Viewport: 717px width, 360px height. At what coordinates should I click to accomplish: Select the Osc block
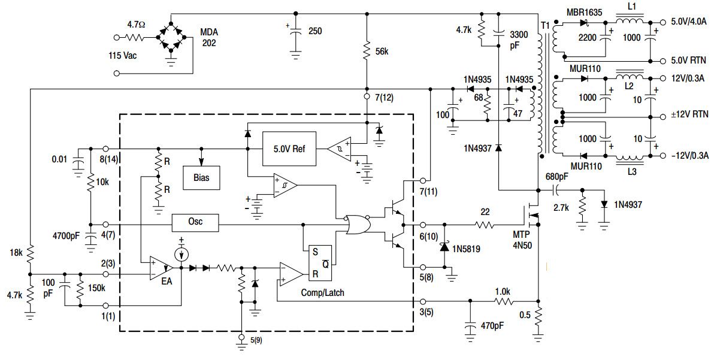pyautogui.click(x=195, y=222)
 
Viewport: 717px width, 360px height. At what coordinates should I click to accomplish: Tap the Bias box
pyautogui.click(x=201, y=178)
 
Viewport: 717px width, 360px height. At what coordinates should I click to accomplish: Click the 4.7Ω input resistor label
pyautogui.click(x=136, y=25)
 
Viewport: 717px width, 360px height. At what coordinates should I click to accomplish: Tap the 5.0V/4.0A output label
pyautogui.click(x=689, y=22)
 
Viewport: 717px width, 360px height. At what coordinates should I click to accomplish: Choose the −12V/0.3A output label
pyautogui.click(x=689, y=156)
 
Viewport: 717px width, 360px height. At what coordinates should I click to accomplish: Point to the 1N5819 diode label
pyautogui.click(x=468, y=247)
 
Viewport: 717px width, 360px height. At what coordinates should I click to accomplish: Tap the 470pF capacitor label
pyautogui.click(x=492, y=328)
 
